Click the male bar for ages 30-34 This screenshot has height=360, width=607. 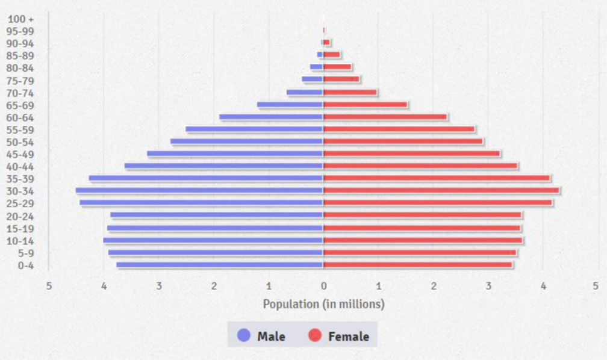click(199, 190)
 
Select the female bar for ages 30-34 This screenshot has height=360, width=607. click(441, 190)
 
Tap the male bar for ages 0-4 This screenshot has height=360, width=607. click(219, 265)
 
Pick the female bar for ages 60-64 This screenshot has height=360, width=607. click(385, 117)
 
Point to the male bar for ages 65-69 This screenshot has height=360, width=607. click(290, 105)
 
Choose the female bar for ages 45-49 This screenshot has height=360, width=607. click(412, 154)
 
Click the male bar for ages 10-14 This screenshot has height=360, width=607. click(213, 240)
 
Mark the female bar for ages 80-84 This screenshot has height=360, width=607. click(338, 67)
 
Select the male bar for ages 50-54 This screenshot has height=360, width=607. click(247, 141)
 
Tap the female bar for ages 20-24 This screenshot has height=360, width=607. click(423, 216)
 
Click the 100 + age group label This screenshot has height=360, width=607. click(20, 19)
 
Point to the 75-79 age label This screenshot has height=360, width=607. click(20, 81)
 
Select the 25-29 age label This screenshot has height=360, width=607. click(20, 203)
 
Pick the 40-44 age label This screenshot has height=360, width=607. click(20, 167)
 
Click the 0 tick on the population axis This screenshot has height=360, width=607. click(323, 287)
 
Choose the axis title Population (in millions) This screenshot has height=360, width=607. click(323, 304)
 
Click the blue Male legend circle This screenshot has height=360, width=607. click(244, 335)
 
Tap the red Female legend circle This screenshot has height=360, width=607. click(315, 335)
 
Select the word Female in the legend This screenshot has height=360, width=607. click(349, 337)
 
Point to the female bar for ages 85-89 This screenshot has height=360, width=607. click(332, 55)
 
